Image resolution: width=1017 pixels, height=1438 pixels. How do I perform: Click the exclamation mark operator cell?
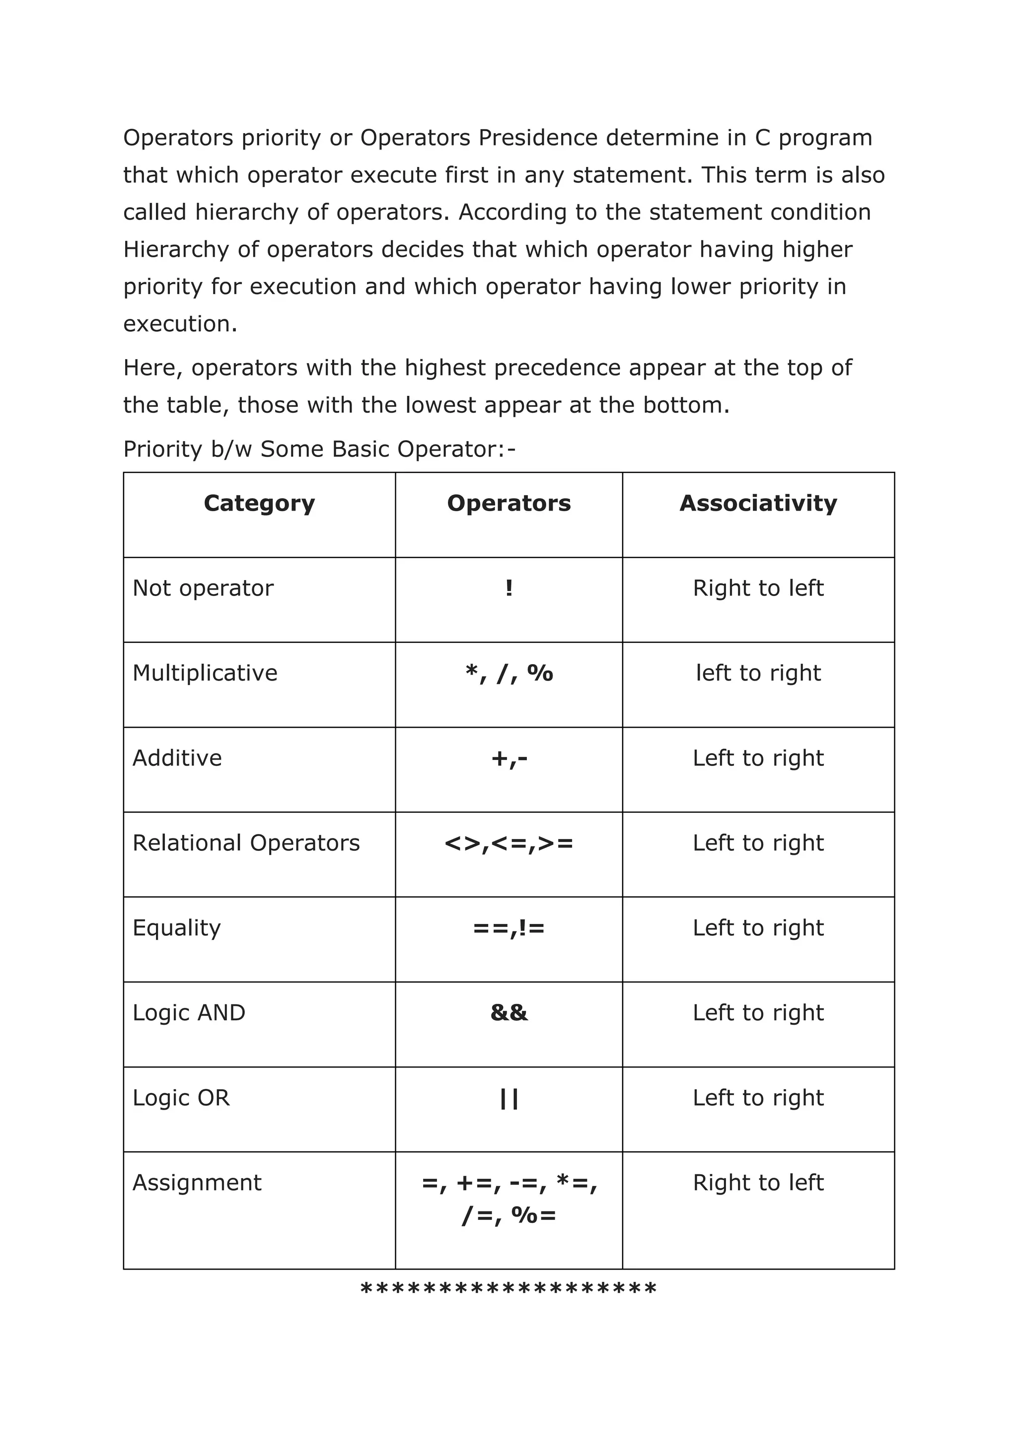[508, 588]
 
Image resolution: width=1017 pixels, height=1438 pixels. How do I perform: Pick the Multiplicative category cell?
[205, 673]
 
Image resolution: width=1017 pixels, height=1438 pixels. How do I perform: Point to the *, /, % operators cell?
[508, 673]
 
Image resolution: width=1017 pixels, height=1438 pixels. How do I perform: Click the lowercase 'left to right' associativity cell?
[758, 673]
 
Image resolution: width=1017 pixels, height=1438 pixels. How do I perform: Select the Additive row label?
[177, 758]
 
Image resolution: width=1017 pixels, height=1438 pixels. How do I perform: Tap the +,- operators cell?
[508, 758]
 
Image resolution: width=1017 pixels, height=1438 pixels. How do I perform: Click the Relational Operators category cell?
[246, 843]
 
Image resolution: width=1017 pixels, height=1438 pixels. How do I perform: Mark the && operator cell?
[508, 1013]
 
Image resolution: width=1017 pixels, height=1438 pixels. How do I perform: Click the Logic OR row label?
[181, 1098]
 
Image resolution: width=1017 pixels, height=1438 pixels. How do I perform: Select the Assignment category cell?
[197, 1183]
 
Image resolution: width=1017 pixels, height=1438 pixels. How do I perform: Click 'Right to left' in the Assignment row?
[758, 1183]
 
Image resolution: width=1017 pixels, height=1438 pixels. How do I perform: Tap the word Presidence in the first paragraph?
[538, 138]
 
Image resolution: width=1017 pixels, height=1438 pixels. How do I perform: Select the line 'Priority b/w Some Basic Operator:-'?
[319, 449]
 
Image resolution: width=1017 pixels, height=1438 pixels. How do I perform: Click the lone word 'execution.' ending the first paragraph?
[180, 324]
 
